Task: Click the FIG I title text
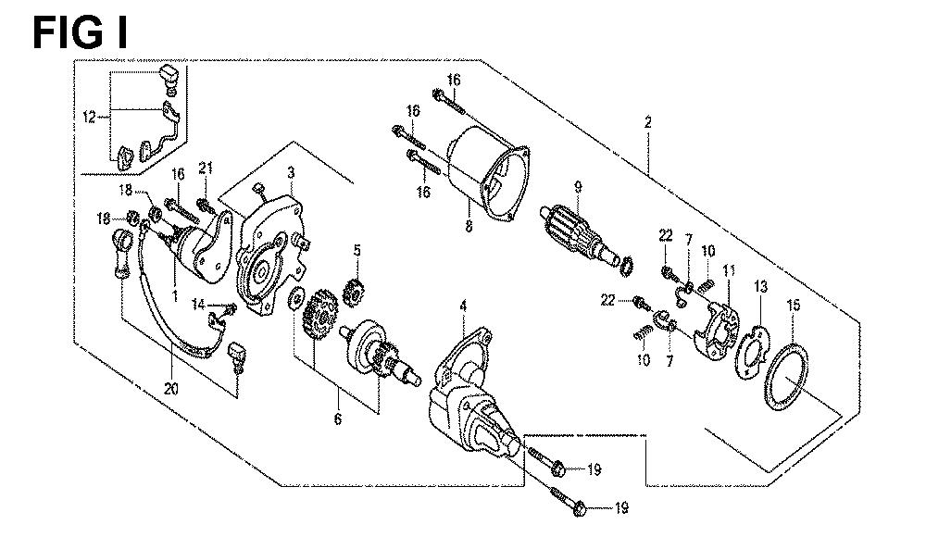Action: [79, 32]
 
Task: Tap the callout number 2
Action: [648, 122]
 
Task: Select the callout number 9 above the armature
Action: [578, 188]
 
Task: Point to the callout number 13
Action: [760, 287]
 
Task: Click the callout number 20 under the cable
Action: [171, 389]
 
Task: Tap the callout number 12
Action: [89, 118]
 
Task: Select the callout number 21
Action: [205, 169]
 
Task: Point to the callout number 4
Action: [463, 306]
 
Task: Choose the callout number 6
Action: [337, 419]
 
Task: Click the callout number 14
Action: [198, 305]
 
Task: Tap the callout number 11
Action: [729, 271]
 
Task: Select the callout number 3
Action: [291, 172]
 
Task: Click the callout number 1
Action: [175, 294]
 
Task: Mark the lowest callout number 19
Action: [620, 507]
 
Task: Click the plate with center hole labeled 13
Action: [753, 354]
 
